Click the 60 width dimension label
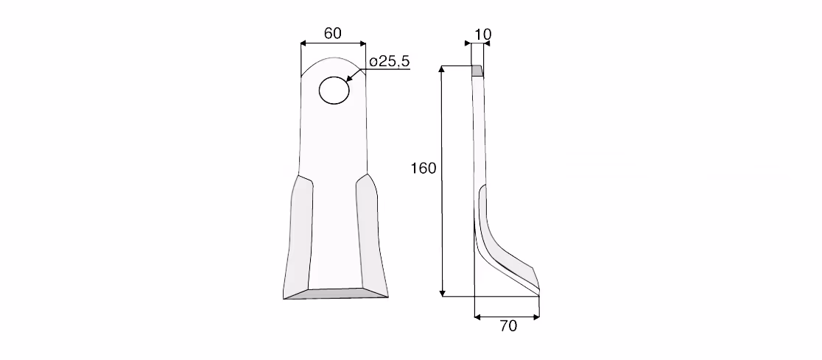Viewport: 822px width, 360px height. click(333, 33)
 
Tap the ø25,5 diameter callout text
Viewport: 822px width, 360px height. click(389, 61)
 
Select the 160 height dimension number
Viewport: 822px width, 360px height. click(424, 168)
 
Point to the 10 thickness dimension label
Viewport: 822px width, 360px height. click(482, 35)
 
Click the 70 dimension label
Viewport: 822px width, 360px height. click(508, 326)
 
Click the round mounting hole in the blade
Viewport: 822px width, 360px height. click(334, 90)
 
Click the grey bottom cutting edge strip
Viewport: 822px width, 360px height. click(336, 294)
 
